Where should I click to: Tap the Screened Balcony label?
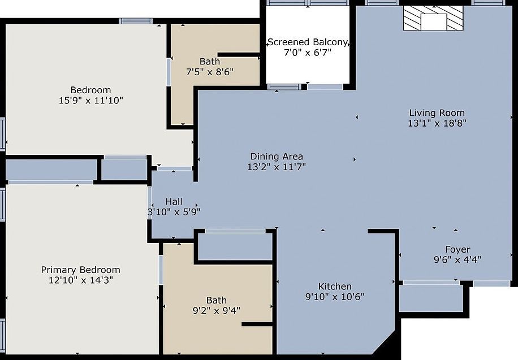pos(308,42)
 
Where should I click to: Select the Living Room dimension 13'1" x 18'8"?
pos(437,123)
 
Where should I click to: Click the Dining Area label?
pos(277,157)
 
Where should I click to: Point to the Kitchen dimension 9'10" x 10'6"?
pos(335,297)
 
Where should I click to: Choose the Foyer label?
pos(457,250)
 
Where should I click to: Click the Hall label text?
pos(174,202)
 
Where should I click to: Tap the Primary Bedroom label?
pos(80,270)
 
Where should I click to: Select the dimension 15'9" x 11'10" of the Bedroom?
pos(90,101)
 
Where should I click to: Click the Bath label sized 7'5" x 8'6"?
pos(210,61)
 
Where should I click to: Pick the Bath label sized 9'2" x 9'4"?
pos(217,300)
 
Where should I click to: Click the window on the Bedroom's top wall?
pos(136,21)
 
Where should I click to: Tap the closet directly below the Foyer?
pos(430,298)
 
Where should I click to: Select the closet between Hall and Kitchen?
pos(235,246)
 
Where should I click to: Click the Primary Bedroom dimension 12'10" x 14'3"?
pos(80,280)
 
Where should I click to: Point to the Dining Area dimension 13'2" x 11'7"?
pos(277,167)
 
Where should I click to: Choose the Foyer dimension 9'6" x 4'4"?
pos(457,260)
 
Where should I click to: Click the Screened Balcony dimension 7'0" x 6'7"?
pos(308,53)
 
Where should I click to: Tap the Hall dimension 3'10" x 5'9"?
pos(174,212)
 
